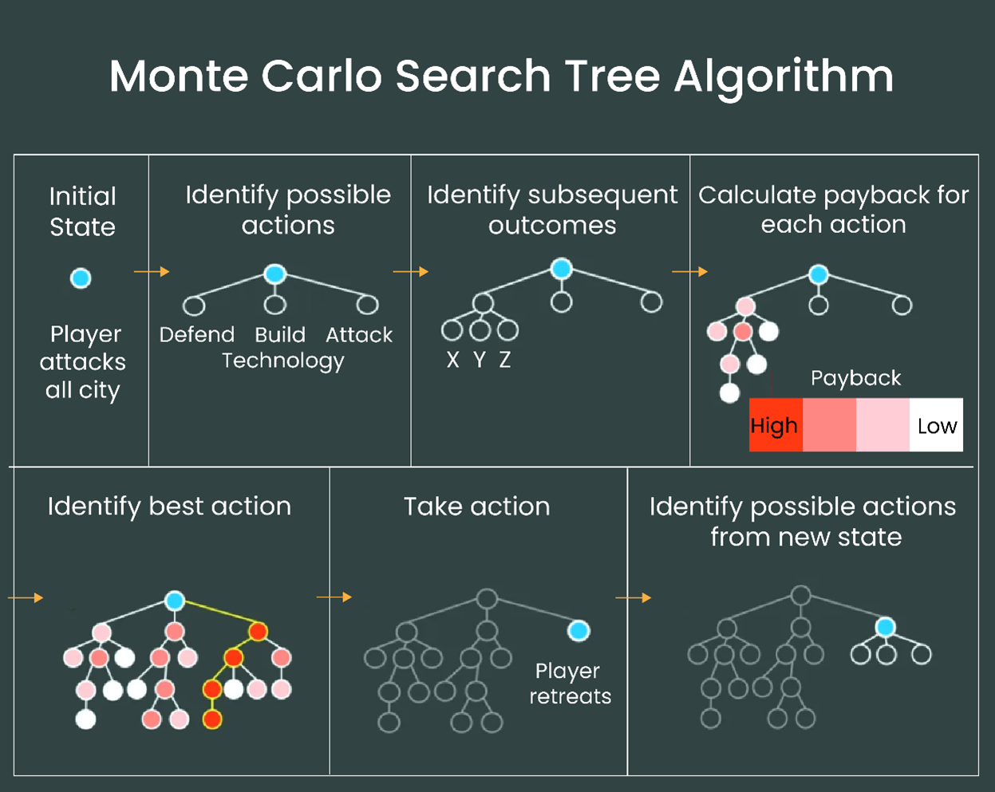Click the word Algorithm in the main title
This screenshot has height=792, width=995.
[x=784, y=77]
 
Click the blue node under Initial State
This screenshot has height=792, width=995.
[x=81, y=278]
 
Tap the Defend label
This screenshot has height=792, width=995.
[x=197, y=335]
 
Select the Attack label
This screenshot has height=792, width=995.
[x=359, y=335]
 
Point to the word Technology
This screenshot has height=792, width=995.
[x=283, y=361]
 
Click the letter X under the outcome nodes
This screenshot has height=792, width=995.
[x=453, y=361]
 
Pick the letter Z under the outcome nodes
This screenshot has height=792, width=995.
[x=505, y=361]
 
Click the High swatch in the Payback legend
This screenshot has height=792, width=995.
[x=776, y=425]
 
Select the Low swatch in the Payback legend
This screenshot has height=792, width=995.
[x=936, y=425]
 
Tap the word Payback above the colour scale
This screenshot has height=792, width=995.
[x=855, y=378]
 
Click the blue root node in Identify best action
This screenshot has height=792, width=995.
[x=175, y=601]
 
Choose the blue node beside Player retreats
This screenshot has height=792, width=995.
[x=578, y=631]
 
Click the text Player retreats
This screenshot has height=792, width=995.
[x=570, y=684]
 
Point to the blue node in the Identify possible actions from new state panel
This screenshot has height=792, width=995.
[x=885, y=627]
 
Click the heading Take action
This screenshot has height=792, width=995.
[x=476, y=506]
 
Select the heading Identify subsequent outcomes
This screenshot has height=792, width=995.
[x=552, y=210]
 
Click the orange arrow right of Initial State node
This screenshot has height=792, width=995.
[x=152, y=272]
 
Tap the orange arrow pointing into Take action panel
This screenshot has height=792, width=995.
[x=334, y=597]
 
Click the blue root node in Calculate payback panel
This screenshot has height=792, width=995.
[x=819, y=275]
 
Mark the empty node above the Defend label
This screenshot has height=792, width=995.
[x=194, y=305]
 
